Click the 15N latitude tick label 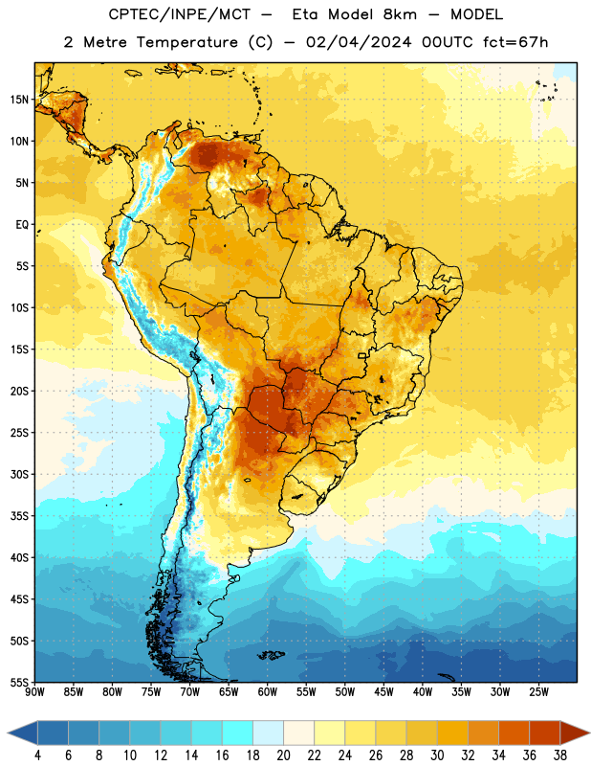[x=19, y=100]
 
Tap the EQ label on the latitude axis [x=22, y=225]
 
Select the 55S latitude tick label [x=19, y=683]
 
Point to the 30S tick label [x=19, y=474]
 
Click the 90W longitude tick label [x=34, y=692]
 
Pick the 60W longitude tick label [x=268, y=692]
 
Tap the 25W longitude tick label [x=538, y=692]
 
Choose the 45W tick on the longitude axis [x=383, y=692]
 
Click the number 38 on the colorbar [x=560, y=755]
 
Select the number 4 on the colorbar [x=37, y=755]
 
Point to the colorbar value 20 [x=283, y=755]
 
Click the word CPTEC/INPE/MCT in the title [x=179, y=14]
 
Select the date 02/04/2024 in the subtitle [x=359, y=42]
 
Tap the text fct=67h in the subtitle [x=515, y=42]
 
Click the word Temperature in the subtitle [x=186, y=42]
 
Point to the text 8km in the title [x=400, y=14]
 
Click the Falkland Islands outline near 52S [x=272, y=655]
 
